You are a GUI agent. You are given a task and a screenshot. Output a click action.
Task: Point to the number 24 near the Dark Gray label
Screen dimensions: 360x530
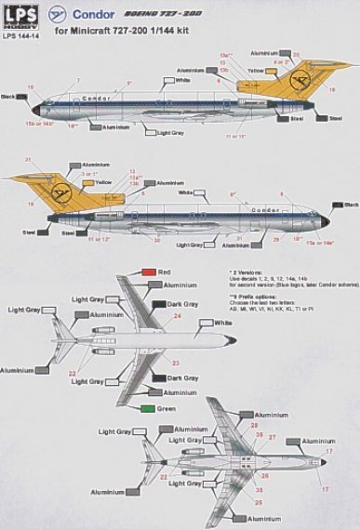[179, 315]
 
